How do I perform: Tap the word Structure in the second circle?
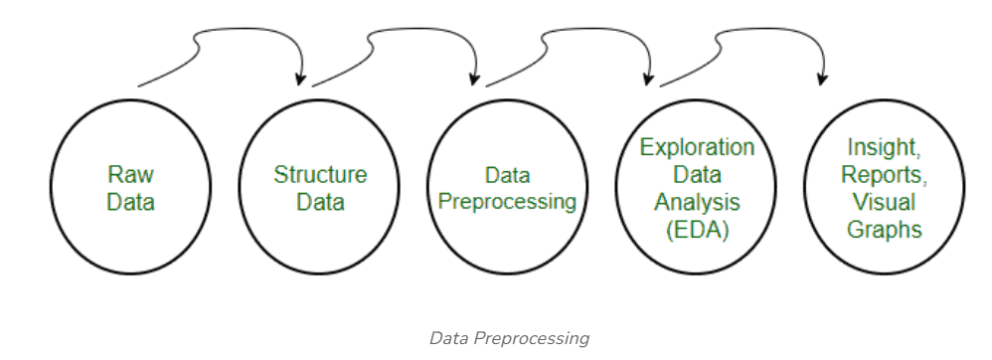tap(320, 176)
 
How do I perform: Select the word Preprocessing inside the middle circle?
tap(507, 201)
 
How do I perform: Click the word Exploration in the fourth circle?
tap(696, 148)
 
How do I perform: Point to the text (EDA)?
tap(696, 230)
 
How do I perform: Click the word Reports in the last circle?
tap(882, 175)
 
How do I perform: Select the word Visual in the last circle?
tap(882, 203)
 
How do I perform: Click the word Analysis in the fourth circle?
tap(696, 203)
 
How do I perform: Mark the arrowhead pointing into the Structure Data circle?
tap(300, 79)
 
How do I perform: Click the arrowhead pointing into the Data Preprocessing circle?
tap(475, 79)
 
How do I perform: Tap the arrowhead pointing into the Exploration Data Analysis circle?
tap(649, 79)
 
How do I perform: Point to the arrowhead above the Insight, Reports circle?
tap(822, 79)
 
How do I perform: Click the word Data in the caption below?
tap(448, 339)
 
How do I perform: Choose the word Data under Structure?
tap(320, 203)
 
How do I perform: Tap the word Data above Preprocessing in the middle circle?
tap(507, 175)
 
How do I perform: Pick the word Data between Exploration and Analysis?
tap(696, 176)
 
